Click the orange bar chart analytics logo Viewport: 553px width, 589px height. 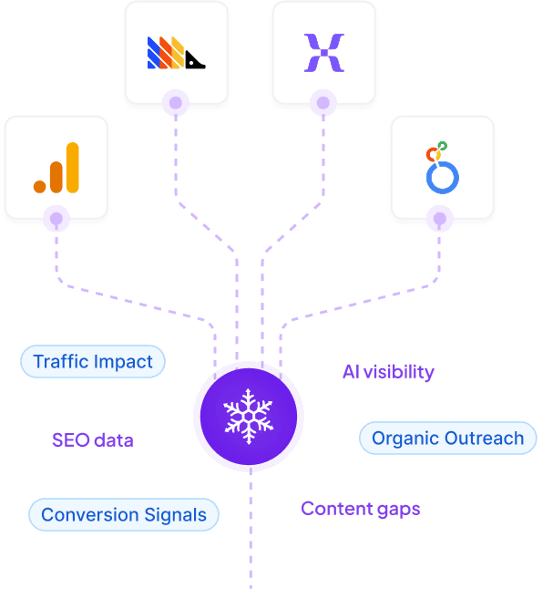[56, 169]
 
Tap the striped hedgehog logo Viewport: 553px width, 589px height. [176, 54]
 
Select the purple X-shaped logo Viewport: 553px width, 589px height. [323, 53]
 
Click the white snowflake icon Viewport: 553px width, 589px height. [248, 416]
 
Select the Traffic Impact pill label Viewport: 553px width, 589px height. [93, 362]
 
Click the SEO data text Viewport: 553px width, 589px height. [93, 440]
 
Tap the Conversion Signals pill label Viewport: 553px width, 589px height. [124, 514]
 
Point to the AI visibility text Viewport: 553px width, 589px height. [388, 372]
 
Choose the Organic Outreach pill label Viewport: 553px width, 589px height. [447, 439]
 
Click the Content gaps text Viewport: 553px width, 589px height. [361, 509]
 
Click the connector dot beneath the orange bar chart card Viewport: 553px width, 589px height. [56, 219]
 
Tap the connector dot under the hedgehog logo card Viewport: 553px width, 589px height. [176, 103]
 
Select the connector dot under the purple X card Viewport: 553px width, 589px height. [323, 103]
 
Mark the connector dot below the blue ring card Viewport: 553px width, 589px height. [442, 219]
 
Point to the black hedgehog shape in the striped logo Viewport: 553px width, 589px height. [195, 60]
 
